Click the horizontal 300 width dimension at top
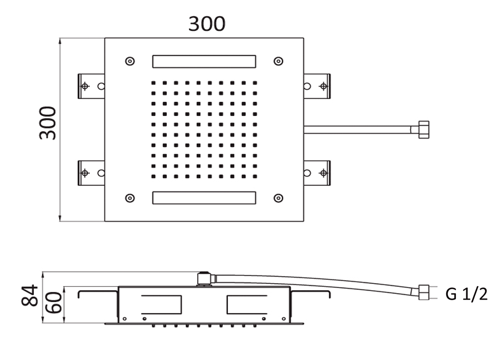207,24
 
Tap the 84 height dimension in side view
29,295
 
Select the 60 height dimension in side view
54,302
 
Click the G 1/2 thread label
466,294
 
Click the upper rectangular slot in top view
204,62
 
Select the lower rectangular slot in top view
204,198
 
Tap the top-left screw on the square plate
130,61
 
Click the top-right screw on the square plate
278,61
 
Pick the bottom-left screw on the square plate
130,198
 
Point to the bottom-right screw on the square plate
278,198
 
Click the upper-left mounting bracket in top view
91,86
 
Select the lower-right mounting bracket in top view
317,173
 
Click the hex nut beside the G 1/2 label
424,292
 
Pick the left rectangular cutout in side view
161,305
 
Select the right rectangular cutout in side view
247,305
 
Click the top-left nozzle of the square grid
153,83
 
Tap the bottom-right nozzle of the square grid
255,176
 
